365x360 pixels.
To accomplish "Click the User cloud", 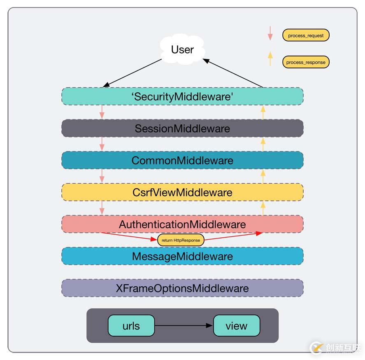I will coord(182,50).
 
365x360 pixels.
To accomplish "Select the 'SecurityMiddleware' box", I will coord(182,96).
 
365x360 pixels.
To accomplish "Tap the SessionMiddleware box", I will coord(182,129).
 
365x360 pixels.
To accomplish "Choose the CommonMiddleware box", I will coord(182,160).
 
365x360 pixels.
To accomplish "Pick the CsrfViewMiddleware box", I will coord(182,192).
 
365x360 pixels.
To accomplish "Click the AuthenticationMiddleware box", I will coord(182,224).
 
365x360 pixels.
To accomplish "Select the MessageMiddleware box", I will coord(182,256).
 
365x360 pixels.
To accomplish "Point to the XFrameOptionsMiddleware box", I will coord(182,288).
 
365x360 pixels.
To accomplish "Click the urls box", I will coord(131,326).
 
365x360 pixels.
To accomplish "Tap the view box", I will coord(237,326).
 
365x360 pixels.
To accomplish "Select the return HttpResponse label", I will coord(181,240).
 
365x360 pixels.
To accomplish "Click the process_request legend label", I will coord(306,35).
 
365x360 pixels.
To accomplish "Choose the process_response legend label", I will coord(306,62).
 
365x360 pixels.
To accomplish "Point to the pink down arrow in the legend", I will coord(270,33).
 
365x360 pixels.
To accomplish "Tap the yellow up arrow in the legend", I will coord(270,59).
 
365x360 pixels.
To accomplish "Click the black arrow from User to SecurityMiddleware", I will coord(133,73).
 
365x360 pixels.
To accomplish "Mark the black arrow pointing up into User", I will coord(233,73).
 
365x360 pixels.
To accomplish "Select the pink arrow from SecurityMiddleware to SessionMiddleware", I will coord(102,112).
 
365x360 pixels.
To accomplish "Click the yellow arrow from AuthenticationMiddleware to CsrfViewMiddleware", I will coord(263,208).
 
